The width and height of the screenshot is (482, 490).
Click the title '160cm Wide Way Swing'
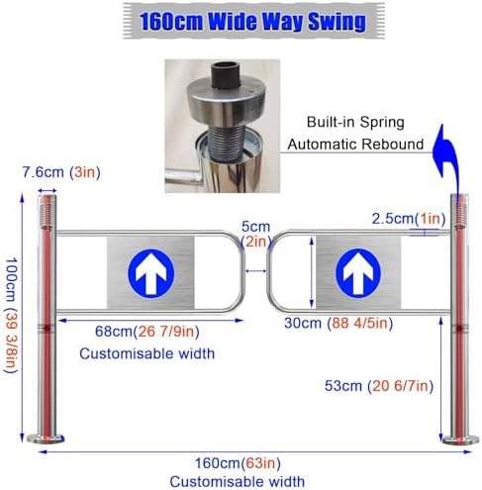point(252,22)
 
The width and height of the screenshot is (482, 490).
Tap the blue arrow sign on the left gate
point(151,273)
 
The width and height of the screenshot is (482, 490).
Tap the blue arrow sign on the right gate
point(358,272)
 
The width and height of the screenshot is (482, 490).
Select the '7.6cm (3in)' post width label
point(61,172)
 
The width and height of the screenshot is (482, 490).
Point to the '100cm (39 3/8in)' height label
point(11,316)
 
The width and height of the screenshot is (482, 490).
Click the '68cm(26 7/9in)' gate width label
point(147,332)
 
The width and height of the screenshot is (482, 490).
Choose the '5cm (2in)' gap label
point(255,234)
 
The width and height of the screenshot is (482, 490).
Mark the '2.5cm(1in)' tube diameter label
point(409,219)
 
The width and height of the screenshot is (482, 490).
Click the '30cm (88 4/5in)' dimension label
point(338,323)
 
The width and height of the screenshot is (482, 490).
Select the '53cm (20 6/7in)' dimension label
point(379,386)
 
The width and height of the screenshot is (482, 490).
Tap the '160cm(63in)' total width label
point(238,463)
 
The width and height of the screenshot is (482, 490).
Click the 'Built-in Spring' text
point(355,122)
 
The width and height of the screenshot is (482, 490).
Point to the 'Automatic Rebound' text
point(355,145)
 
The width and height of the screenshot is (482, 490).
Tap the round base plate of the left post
point(46,439)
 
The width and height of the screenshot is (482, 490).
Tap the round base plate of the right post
point(460,440)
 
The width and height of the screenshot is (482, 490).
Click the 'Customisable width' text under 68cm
point(147,353)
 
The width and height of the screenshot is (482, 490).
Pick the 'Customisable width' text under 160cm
point(238,481)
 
